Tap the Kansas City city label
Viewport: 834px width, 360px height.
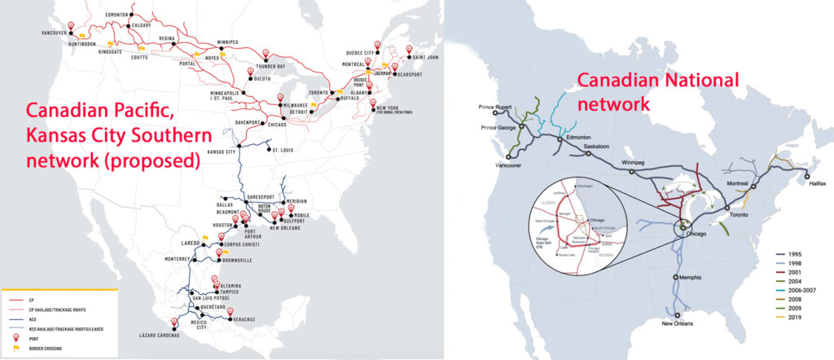226,152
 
